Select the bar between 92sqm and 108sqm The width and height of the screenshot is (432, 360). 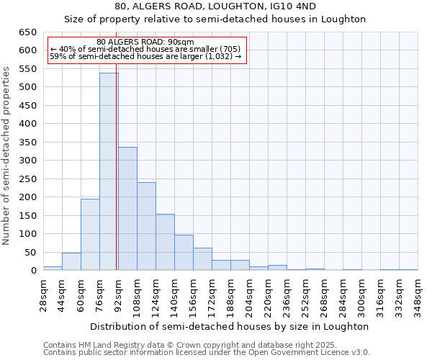tap(127, 209)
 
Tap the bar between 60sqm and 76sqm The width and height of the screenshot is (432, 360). tap(90, 235)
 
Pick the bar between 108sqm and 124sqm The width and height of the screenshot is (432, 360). tap(146, 226)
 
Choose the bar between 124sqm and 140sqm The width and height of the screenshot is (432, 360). tap(165, 242)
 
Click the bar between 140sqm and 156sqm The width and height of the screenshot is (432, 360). tap(184, 253)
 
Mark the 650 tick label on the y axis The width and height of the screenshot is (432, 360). tap(27, 32)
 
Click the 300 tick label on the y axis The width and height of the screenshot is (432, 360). tap(27, 161)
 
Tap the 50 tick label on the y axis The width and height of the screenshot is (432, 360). tap(30, 253)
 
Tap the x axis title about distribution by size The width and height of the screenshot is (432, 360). tap(230, 326)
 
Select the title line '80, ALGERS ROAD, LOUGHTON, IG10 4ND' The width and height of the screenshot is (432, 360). tap(215, 6)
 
